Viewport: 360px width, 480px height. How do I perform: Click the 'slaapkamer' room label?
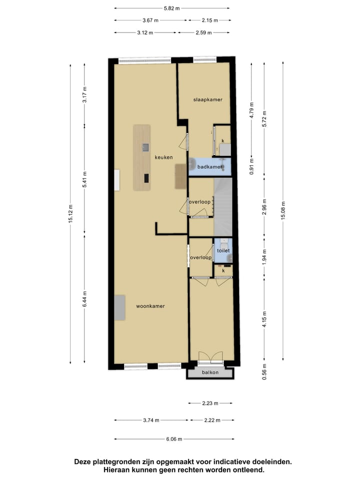tap(207, 99)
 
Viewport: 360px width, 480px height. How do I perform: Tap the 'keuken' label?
tap(163, 157)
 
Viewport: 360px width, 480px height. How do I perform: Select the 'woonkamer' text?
tap(150, 306)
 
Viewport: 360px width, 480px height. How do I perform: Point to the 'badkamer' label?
tap(209, 166)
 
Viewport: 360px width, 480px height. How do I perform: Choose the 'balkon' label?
tap(210, 372)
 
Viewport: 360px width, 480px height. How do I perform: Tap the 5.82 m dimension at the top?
tap(171, 8)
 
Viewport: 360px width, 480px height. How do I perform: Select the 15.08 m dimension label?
tap(283, 210)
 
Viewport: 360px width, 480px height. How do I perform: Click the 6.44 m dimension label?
tap(84, 298)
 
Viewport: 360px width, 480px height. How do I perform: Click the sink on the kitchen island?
tap(145, 147)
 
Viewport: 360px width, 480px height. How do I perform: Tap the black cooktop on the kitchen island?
tap(146, 177)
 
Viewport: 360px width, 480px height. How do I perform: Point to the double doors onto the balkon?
tap(210, 357)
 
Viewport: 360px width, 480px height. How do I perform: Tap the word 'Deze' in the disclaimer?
tap(84, 462)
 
